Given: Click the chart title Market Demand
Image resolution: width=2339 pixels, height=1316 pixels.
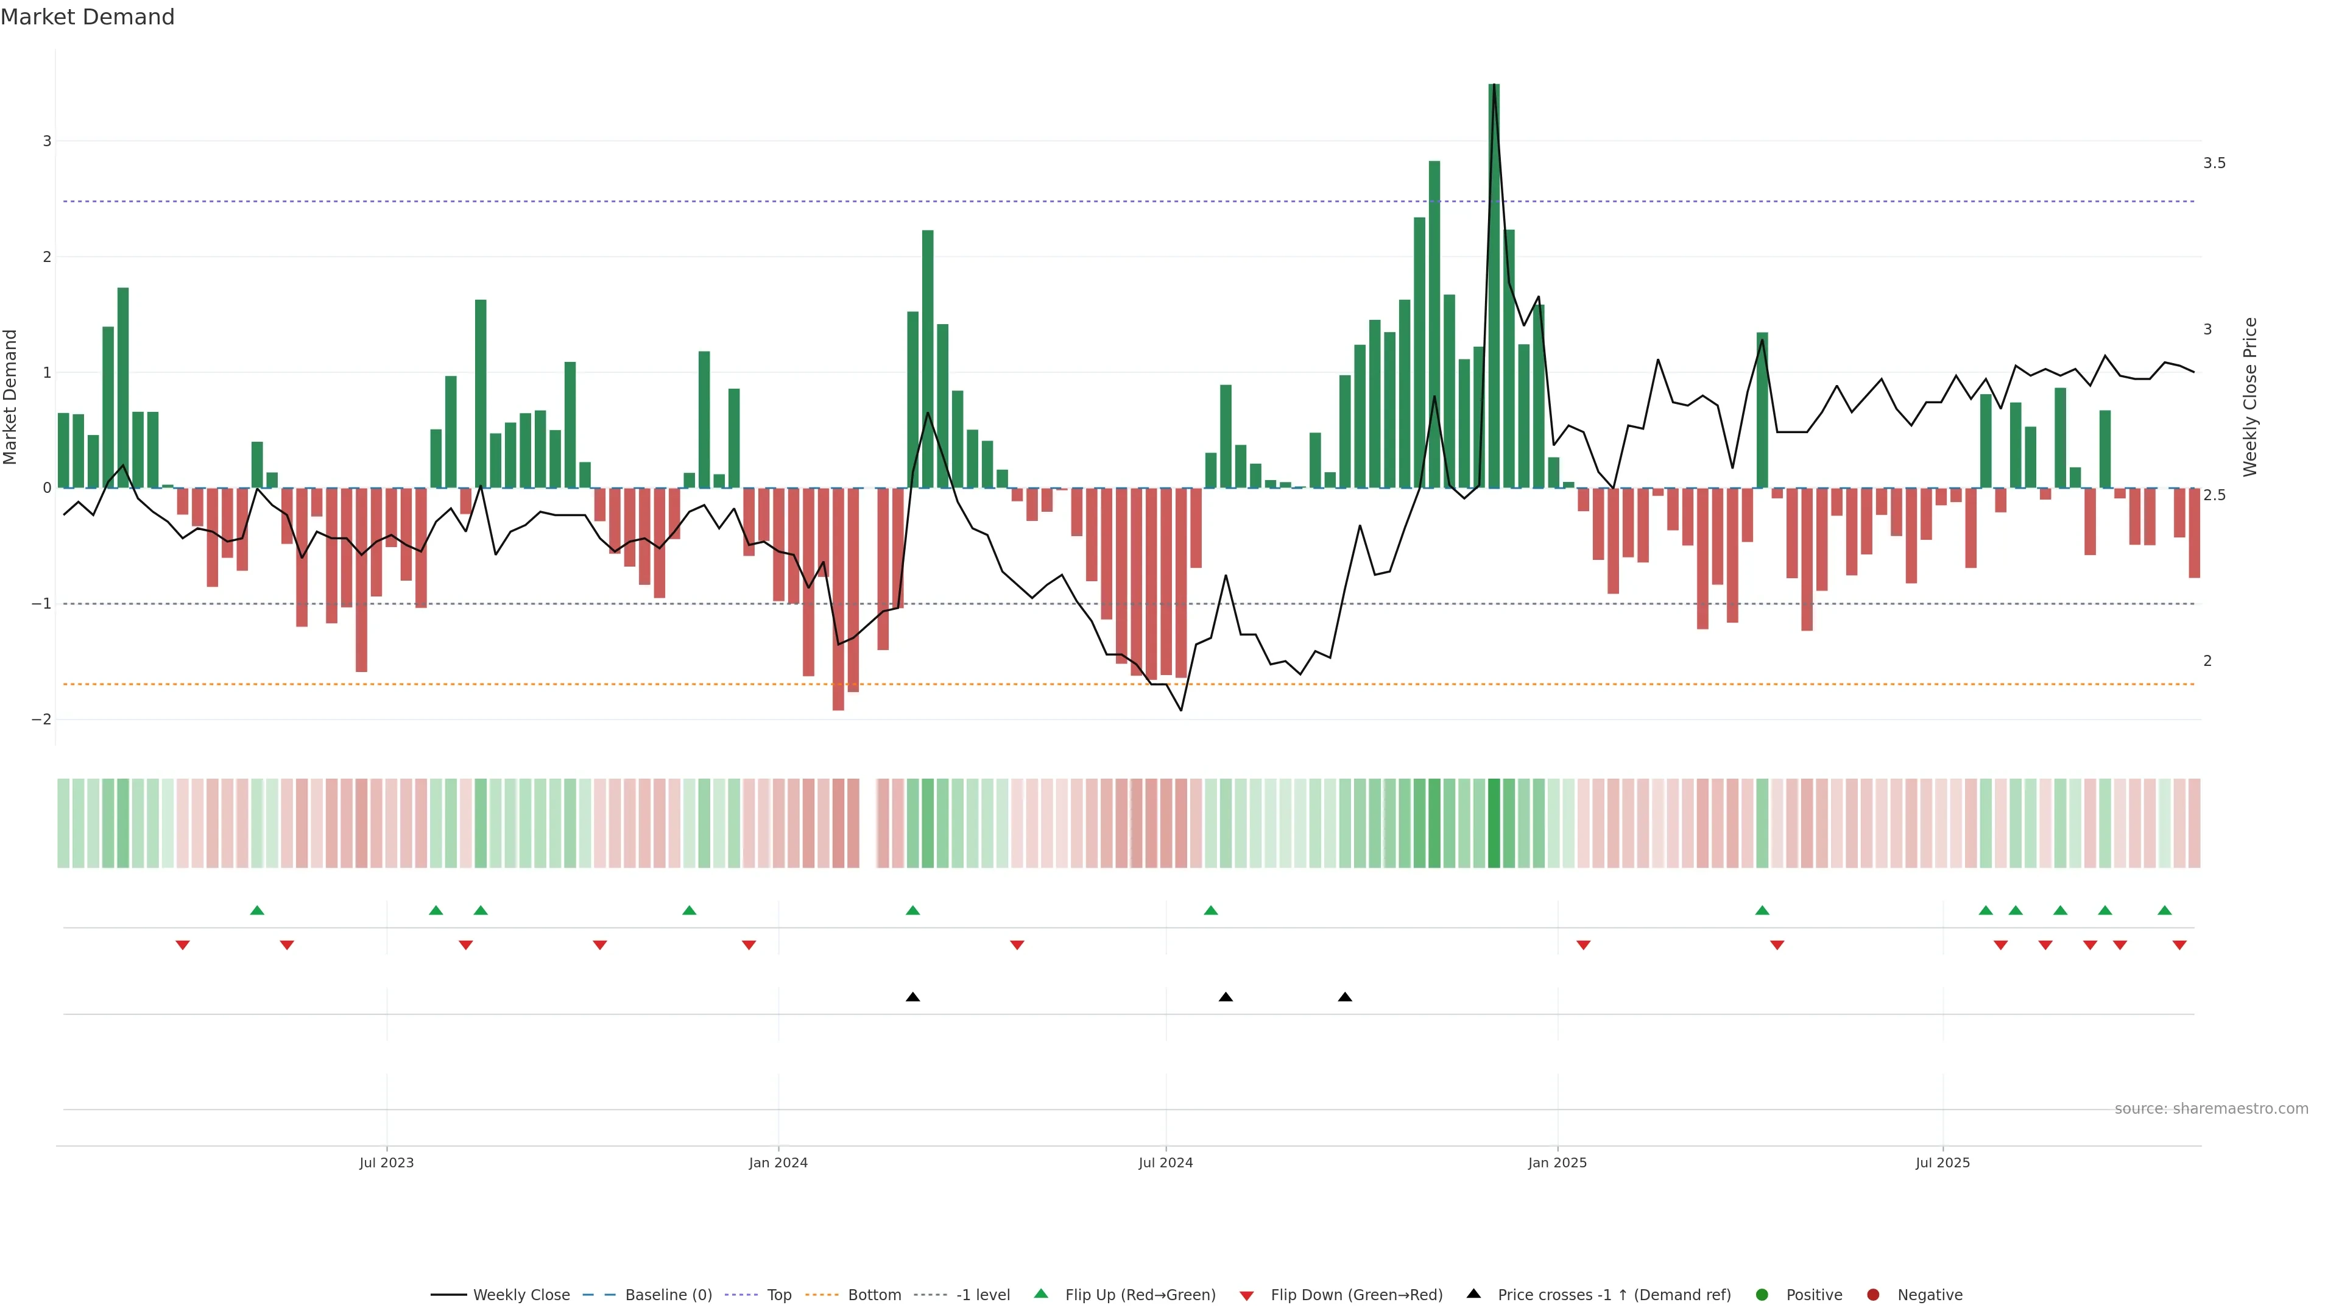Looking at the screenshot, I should coord(87,17).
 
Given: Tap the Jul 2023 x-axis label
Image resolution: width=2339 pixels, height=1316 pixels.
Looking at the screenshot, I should coord(386,1162).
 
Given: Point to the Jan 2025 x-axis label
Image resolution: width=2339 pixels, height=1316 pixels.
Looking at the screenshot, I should coord(1558,1162).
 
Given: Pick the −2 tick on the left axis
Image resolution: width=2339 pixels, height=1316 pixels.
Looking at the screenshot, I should coord(41,720).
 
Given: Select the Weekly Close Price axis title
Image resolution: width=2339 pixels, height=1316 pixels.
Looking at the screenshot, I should coord(2249,397).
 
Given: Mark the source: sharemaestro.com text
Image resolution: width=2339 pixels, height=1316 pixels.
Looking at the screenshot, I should coord(2211,1109).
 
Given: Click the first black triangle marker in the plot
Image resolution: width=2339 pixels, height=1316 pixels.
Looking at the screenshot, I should coord(912,997).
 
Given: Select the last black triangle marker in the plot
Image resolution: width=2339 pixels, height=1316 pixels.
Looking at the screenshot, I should coord(1345,997).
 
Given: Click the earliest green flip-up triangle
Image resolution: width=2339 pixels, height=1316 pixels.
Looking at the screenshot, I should coord(257,911).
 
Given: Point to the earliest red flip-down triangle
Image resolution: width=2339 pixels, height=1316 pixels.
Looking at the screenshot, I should coord(183,946).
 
